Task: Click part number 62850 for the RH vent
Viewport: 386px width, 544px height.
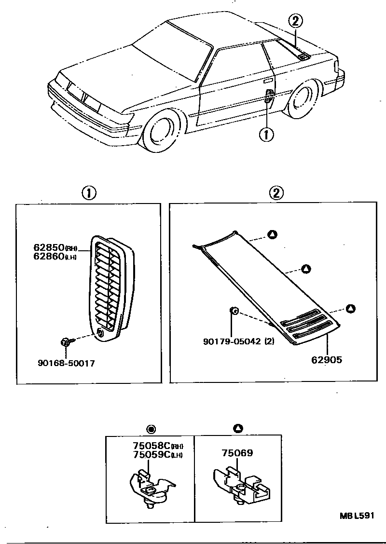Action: click(49, 247)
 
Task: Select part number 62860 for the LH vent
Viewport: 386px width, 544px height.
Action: click(49, 257)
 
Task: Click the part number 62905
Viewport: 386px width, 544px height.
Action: click(327, 359)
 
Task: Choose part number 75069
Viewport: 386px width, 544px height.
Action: click(237, 453)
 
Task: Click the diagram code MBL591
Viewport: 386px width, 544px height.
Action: click(357, 516)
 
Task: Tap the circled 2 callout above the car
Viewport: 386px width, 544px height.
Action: click(296, 21)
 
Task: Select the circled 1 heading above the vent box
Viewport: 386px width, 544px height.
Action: click(88, 193)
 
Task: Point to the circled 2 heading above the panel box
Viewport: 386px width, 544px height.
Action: click(276, 193)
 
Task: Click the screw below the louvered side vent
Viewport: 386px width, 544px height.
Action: click(67, 342)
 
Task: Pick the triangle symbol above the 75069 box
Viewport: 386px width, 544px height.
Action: click(238, 428)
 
